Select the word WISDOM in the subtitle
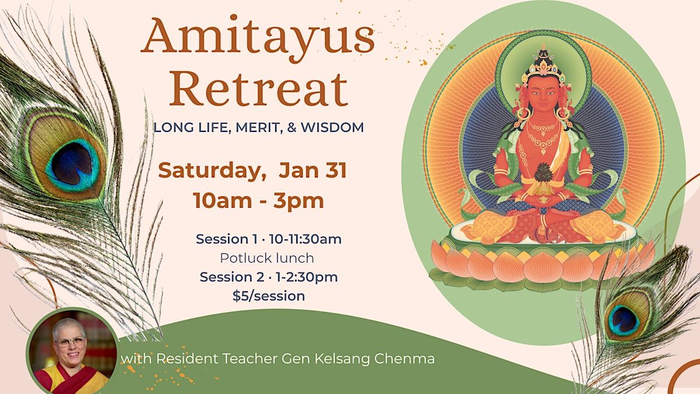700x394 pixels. click(x=332, y=127)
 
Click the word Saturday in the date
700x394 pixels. click(x=212, y=170)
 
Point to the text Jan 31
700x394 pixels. click(x=313, y=170)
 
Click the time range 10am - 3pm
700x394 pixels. click(x=258, y=200)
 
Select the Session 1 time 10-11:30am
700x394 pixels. click(x=305, y=239)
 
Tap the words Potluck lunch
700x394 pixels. click(x=267, y=258)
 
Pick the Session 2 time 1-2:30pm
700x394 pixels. click(x=307, y=277)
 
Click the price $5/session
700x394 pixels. click(x=269, y=296)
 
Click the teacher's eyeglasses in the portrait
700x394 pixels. click(x=69, y=342)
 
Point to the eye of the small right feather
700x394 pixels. click(x=624, y=320)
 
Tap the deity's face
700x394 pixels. click(x=544, y=93)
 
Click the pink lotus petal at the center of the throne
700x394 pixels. click(x=543, y=268)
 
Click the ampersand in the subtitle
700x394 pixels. click(x=291, y=127)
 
